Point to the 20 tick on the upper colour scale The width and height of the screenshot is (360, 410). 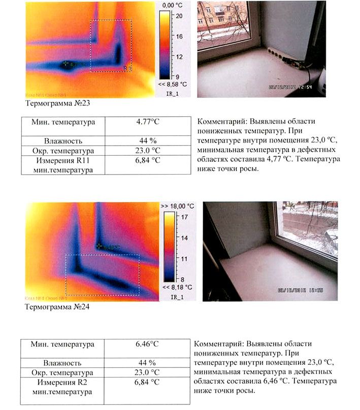click(179, 16)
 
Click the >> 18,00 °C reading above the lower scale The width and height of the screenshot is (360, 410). click(177, 206)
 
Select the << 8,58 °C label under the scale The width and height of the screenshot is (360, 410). click(173, 84)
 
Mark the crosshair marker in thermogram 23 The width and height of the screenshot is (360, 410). click(66, 64)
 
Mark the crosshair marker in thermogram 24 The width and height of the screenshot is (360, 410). click(100, 246)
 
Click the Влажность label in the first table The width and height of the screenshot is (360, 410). click(63, 141)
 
